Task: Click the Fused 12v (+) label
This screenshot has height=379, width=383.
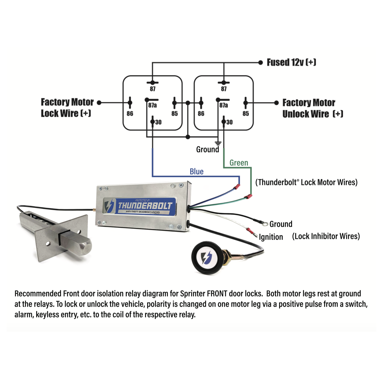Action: tap(292, 62)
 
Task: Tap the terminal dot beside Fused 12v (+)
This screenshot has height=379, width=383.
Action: tap(261, 62)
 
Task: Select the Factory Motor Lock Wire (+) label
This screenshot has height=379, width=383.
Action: tap(67, 108)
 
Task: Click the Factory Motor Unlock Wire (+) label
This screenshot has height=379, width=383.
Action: tap(313, 108)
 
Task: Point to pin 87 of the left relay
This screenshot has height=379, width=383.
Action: tap(152, 89)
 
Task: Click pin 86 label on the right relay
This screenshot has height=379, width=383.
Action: tap(201, 114)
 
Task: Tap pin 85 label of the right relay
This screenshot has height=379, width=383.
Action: tap(245, 114)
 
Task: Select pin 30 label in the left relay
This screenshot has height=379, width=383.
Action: tap(158, 122)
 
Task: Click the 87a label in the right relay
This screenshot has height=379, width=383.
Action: tap(223, 106)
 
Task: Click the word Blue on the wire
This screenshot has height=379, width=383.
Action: tap(197, 172)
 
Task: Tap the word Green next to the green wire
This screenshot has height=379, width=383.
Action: tap(239, 163)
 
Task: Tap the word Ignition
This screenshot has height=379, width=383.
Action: tap(271, 237)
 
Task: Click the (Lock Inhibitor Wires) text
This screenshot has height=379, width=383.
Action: tap(326, 236)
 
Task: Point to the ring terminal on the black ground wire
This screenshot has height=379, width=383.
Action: tap(264, 224)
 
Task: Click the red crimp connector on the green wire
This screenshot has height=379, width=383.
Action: tap(248, 197)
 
